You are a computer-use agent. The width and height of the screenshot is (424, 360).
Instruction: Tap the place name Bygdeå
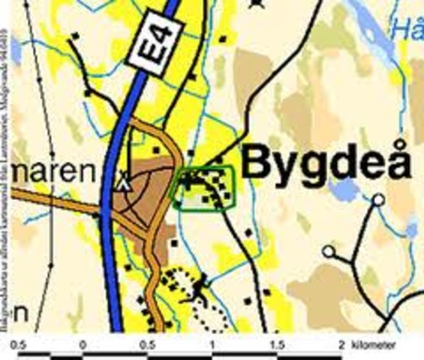328,163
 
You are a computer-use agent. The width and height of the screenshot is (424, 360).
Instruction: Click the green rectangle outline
204,187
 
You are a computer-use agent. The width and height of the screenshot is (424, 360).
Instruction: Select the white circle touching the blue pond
378,199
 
